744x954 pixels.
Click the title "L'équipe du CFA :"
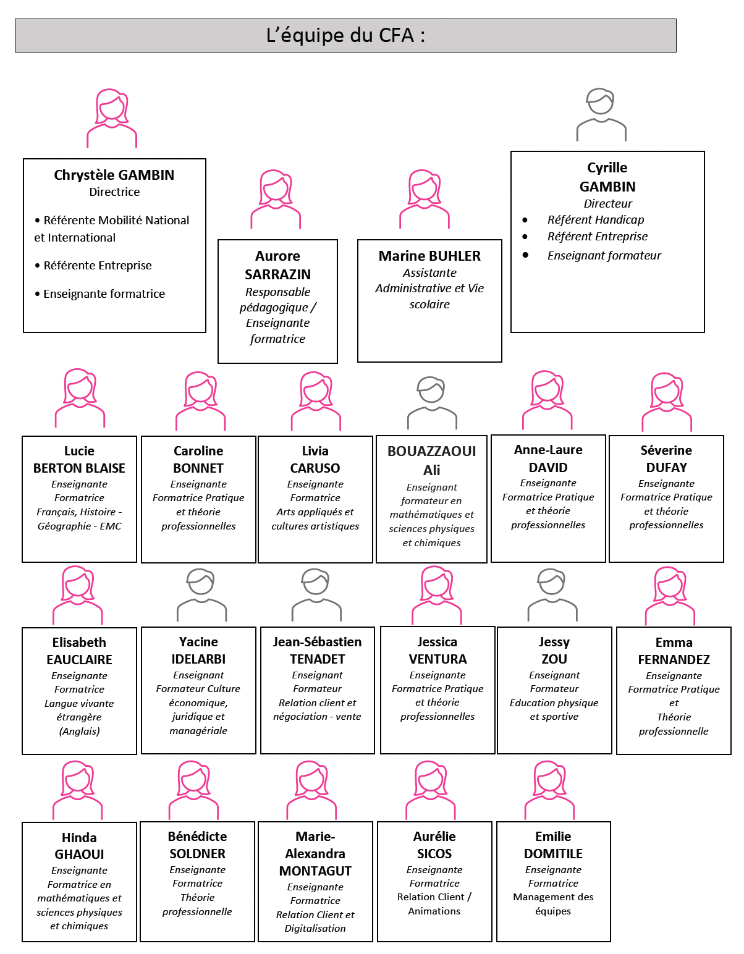[345, 36]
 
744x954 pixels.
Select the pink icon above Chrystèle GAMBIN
[112, 117]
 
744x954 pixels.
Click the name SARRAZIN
[277, 274]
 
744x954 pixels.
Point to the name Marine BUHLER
[429, 256]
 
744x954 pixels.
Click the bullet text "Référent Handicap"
[596, 219]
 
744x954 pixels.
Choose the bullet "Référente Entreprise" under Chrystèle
[98, 265]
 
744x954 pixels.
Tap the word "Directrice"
[114, 192]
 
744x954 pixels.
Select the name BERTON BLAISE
[79, 468]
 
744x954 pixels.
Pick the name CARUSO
[315, 468]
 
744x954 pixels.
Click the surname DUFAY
[666, 468]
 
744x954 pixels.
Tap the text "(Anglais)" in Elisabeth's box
[80, 731]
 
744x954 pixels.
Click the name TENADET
[318, 659]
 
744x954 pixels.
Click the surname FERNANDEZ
[674, 659]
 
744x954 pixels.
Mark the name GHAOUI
[79, 854]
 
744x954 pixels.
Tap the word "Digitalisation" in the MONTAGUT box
[315, 928]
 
